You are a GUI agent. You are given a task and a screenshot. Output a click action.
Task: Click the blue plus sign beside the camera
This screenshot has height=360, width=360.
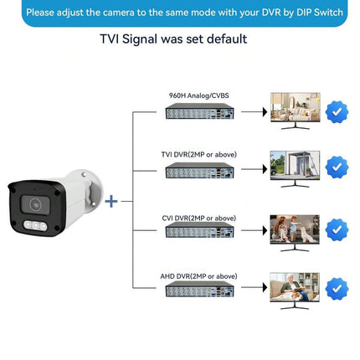(111, 201)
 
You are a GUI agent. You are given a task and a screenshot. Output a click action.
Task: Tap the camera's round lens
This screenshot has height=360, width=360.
(35, 205)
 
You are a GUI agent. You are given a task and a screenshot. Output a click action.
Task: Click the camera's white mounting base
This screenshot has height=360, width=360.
(89, 190)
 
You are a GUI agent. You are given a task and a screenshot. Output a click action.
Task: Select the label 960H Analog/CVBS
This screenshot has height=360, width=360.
(198, 95)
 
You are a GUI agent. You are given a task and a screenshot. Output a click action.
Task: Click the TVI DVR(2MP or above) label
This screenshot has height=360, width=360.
(198, 154)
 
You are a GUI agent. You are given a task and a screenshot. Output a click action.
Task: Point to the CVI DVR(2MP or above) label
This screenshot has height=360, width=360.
(198, 218)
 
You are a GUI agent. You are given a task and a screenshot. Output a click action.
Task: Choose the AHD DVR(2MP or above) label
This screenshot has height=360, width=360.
(198, 276)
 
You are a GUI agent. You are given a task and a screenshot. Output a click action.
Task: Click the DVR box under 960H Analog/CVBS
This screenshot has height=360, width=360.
(199, 111)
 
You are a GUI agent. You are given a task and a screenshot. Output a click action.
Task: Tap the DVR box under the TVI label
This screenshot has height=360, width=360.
(199, 170)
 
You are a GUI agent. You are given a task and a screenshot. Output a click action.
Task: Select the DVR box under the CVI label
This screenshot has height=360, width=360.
(199, 230)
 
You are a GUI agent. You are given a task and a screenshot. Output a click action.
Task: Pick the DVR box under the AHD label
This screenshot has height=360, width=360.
(199, 289)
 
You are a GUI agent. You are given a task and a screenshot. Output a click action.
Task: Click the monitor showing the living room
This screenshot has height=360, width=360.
(296, 111)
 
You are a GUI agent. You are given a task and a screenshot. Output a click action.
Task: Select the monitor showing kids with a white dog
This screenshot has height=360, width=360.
(295, 233)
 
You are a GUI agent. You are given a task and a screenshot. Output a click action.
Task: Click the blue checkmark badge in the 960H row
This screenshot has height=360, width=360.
(337, 112)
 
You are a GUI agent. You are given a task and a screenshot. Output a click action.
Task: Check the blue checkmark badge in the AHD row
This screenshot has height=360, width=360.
(337, 289)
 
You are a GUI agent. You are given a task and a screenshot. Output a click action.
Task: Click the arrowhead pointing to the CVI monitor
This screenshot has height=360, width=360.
(265, 230)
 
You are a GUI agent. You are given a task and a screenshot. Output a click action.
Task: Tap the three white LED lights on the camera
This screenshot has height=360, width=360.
(35, 225)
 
